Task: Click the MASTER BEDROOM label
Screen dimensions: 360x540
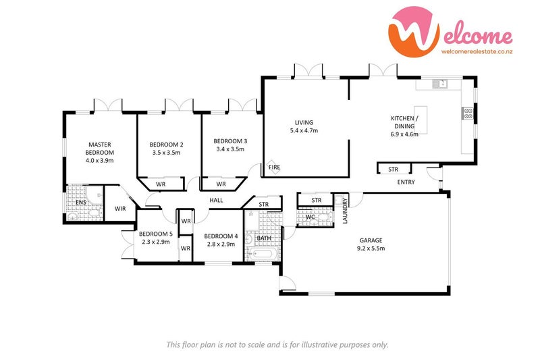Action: [x=99, y=148]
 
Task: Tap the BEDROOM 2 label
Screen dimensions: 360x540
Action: [x=166, y=145]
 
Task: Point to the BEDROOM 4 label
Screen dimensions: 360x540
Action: [x=221, y=236]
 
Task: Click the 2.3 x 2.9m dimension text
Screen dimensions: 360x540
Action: [x=157, y=241]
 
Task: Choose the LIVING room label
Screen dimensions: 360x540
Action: [x=303, y=122]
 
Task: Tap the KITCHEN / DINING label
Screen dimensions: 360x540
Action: [x=405, y=122]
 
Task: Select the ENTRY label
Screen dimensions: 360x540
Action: [x=406, y=182]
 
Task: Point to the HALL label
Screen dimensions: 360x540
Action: [x=216, y=200]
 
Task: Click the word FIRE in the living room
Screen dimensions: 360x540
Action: [x=275, y=167]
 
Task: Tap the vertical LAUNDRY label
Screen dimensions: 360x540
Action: [x=345, y=210]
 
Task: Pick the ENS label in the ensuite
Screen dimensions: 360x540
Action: [x=80, y=202]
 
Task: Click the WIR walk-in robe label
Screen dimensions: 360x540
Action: [x=120, y=209]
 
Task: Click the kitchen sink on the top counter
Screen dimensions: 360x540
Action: [x=442, y=84]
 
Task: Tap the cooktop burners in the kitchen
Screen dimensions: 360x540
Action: [x=466, y=113]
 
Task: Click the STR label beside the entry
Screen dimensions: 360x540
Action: [x=393, y=169]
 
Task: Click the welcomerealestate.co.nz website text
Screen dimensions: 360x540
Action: [x=476, y=50]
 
